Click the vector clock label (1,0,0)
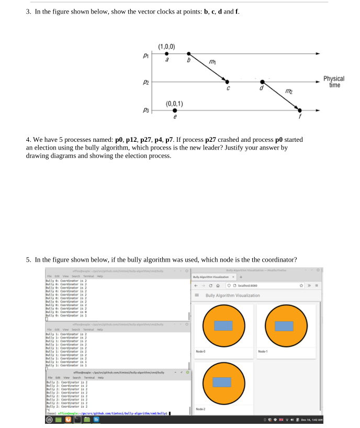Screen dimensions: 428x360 pos(166,46)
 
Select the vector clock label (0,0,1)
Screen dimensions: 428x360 pos(173,103)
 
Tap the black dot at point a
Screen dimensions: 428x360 pos(167,53)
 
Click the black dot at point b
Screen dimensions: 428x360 pos(189,53)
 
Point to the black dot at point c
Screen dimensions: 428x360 pos(227,82)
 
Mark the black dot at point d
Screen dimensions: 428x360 pos(263,82)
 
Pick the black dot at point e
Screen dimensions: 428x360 pos(174,110)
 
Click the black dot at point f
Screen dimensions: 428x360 pos(300,110)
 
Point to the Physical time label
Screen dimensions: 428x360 pos(334,82)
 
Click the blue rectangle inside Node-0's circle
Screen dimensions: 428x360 pos(223,326)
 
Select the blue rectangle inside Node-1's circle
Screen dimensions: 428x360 pos(284,326)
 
